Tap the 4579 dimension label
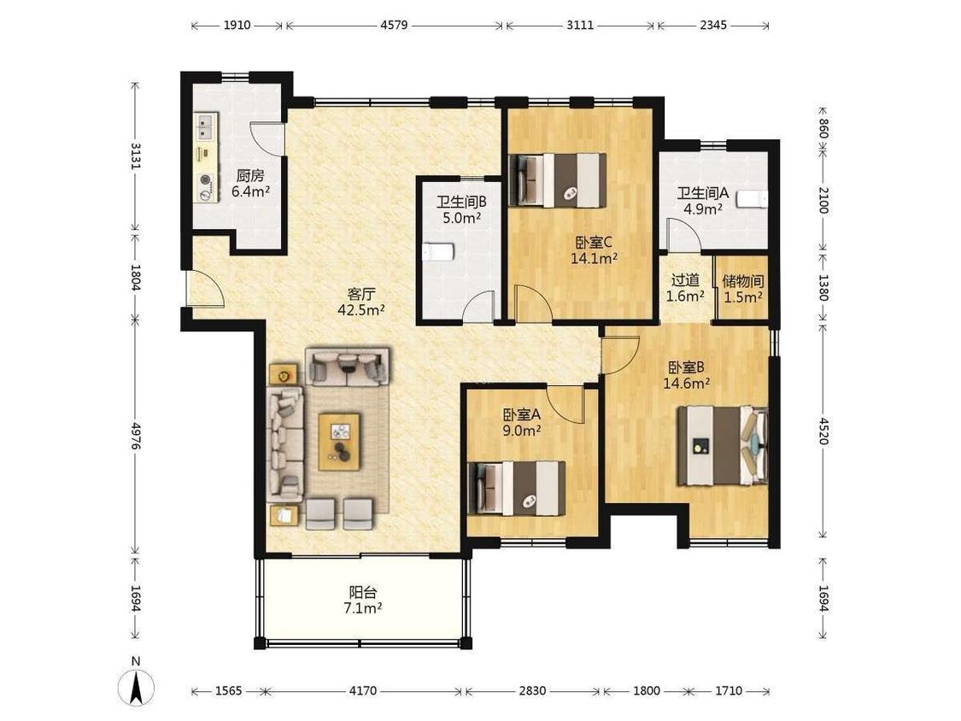394,25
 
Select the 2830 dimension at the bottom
532,691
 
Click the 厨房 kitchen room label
250,176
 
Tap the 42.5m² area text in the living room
361,309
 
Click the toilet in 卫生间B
438,251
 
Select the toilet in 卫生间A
752,199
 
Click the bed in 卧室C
559,180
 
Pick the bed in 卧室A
517,488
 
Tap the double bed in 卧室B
722,446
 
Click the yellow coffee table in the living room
339,442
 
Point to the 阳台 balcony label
363,593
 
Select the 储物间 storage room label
743,281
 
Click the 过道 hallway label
685,280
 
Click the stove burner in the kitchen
206,179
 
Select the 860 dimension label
823,129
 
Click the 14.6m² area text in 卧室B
687,384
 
